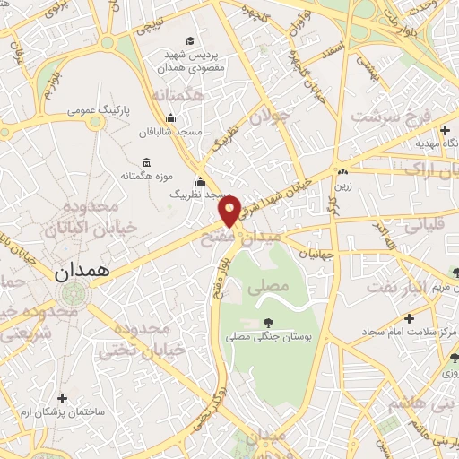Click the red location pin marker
click(229, 212)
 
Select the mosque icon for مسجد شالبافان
click(170, 117)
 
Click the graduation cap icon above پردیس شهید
click(190, 40)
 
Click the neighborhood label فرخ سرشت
click(392, 116)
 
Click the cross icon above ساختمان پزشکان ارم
click(61, 398)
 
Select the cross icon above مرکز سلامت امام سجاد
click(409, 318)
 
